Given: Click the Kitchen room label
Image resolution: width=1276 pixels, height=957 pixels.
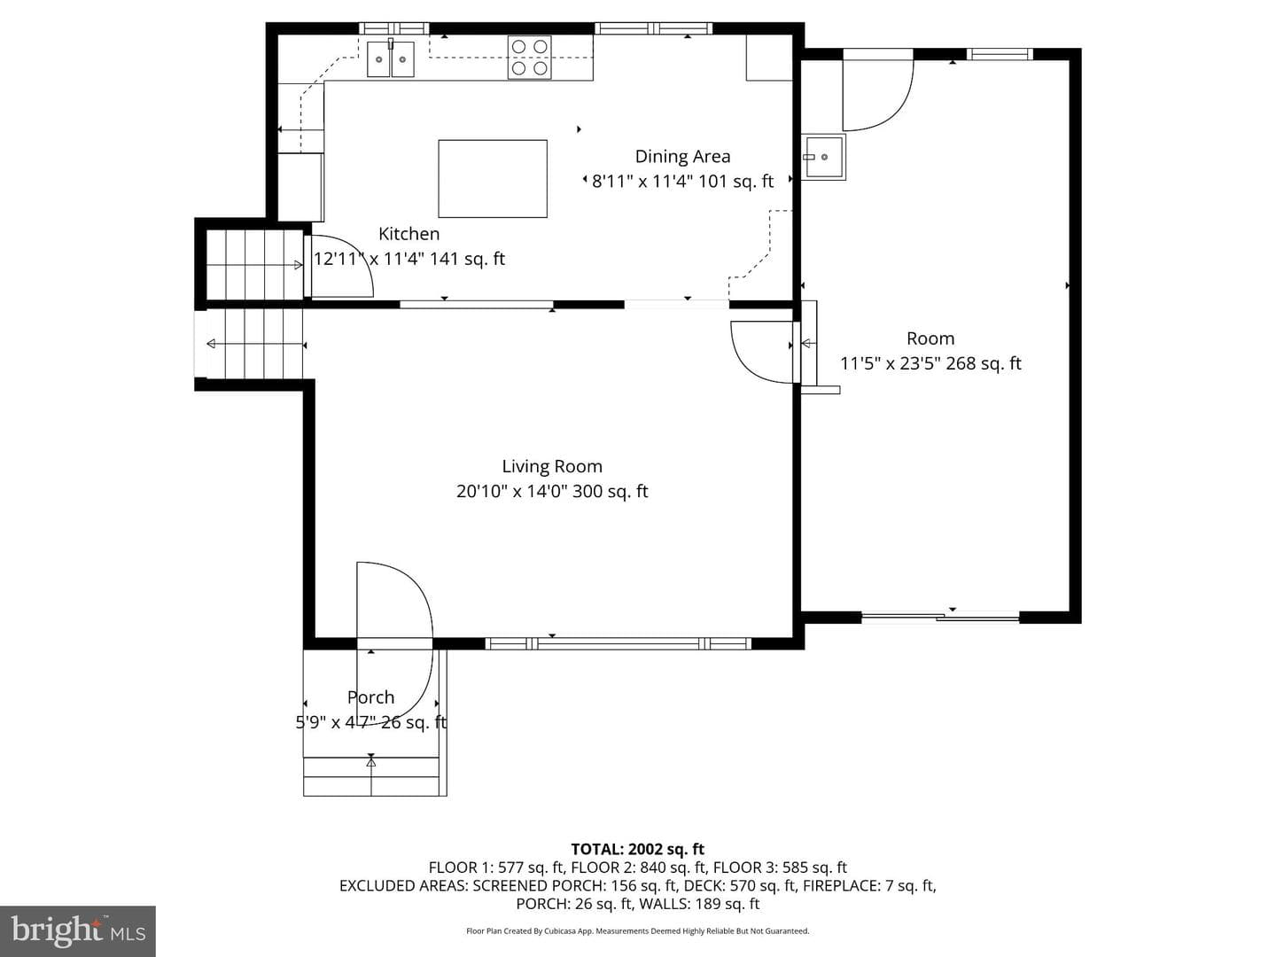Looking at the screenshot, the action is pyautogui.click(x=408, y=234).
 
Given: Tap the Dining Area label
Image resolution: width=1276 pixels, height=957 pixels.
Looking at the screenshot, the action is pyautogui.click(x=682, y=156).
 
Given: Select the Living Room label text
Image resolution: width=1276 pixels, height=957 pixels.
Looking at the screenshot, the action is pyautogui.click(x=552, y=466).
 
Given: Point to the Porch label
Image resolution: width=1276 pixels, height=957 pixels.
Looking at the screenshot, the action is pyautogui.click(x=371, y=696).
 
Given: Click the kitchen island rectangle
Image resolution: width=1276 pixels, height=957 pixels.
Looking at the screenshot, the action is pyautogui.click(x=493, y=178).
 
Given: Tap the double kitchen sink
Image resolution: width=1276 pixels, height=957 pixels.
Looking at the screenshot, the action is pyautogui.click(x=390, y=58).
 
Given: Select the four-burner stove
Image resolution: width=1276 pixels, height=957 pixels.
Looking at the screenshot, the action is pyautogui.click(x=529, y=57).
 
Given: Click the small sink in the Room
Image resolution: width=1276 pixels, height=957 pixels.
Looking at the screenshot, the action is pyautogui.click(x=823, y=157).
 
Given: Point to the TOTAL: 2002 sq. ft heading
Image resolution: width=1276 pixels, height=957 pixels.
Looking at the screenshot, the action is pyautogui.click(x=638, y=849).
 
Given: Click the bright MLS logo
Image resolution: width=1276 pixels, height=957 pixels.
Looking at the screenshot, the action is pyautogui.click(x=77, y=930).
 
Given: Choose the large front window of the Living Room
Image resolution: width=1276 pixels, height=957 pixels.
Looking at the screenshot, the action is pyautogui.click(x=618, y=643).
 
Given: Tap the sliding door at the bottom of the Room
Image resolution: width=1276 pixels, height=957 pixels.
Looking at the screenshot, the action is pyautogui.click(x=940, y=617).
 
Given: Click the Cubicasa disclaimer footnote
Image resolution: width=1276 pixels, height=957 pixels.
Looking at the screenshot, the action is pyautogui.click(x=638, y=930).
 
